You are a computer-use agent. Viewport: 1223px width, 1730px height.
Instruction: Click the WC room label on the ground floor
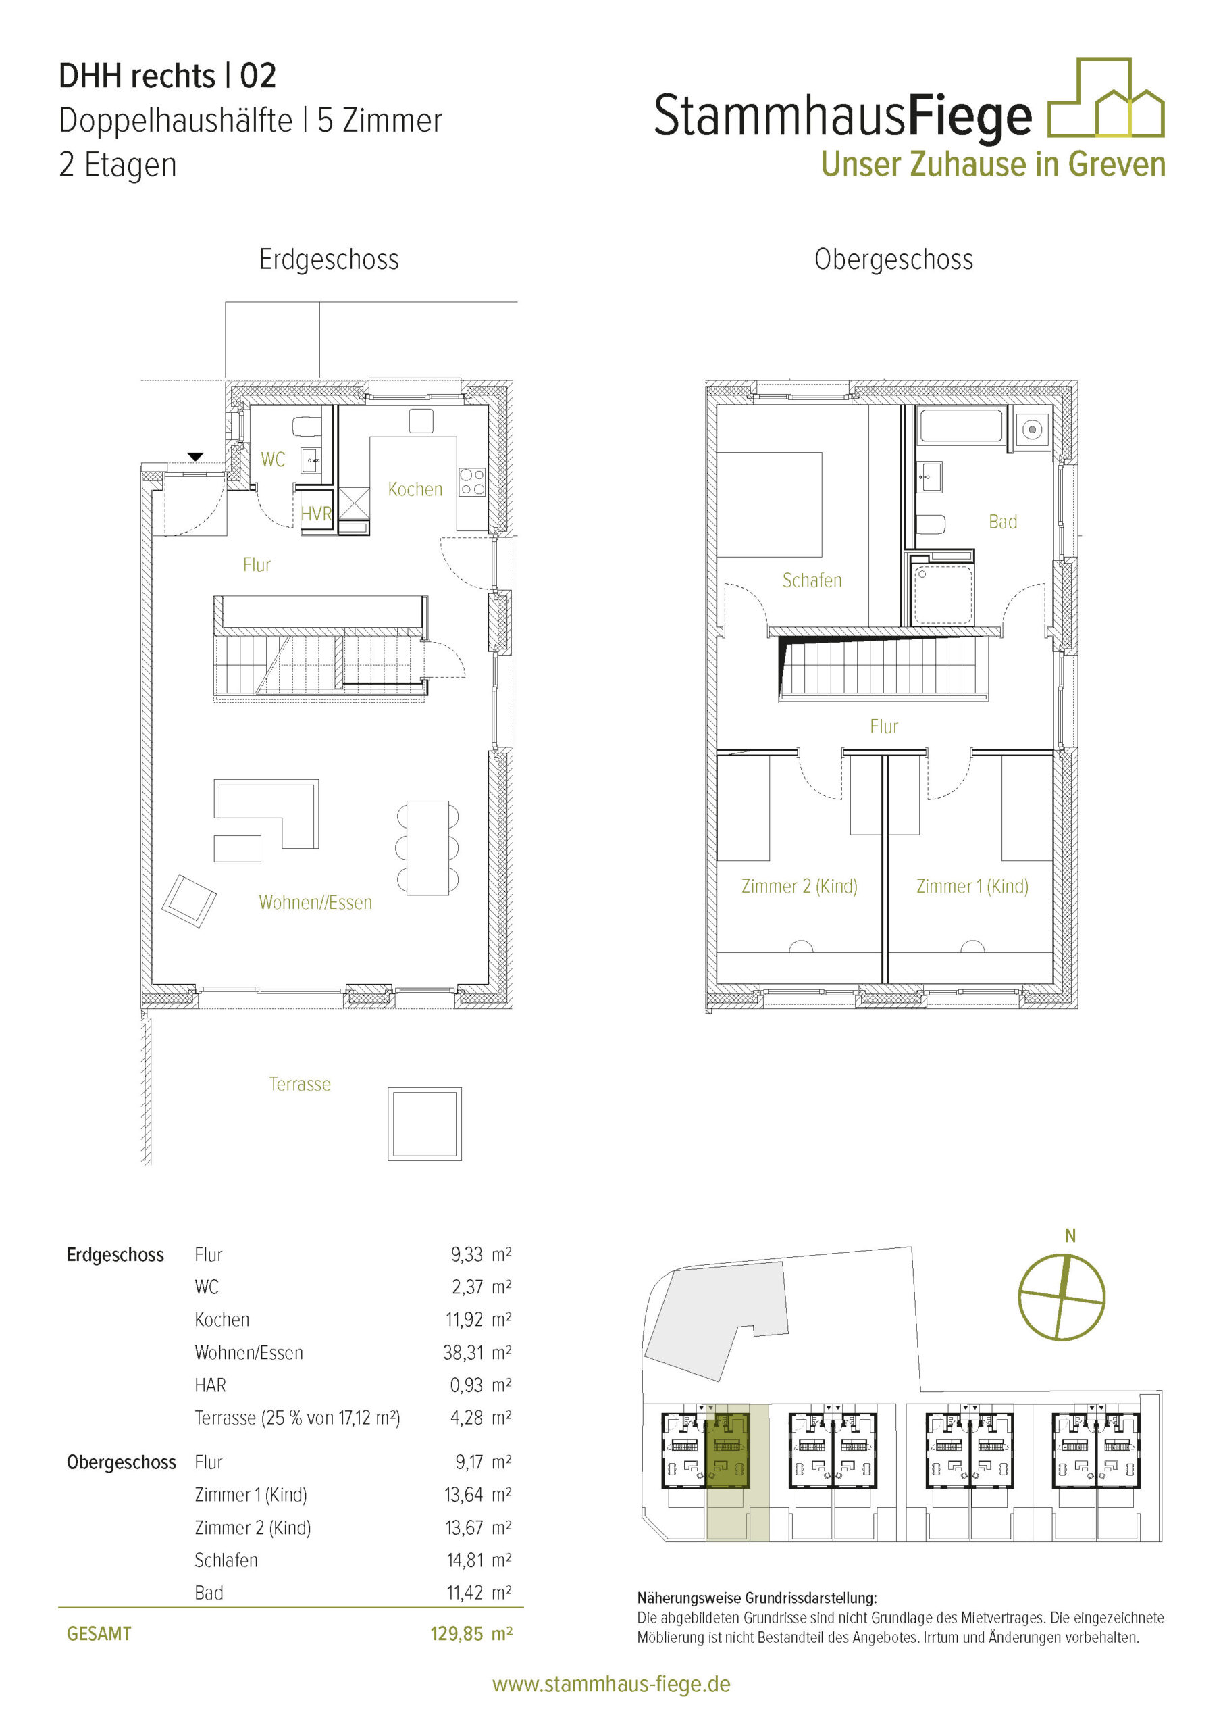click(273, 460)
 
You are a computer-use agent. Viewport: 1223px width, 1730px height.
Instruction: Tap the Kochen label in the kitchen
click(415, 490)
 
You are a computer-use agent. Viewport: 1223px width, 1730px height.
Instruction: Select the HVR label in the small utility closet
click(316, 514)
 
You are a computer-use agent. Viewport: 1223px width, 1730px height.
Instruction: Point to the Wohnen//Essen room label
click(315, 903)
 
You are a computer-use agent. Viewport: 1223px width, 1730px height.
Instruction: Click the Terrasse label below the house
click(300, 1084)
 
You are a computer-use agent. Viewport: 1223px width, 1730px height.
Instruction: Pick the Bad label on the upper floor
click(1002, 522)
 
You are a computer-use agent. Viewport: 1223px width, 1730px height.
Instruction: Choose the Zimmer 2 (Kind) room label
click(799, 886)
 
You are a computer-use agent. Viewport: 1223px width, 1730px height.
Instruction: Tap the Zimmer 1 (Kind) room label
click(972, 886)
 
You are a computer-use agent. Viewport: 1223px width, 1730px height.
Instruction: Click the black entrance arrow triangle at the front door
click(195, 457)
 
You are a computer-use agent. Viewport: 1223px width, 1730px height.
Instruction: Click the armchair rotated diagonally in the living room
click(189, 901)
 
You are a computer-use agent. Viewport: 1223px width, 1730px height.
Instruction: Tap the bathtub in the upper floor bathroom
click(962, 426)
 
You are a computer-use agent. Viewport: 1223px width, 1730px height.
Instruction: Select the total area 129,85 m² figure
click(471, 1633)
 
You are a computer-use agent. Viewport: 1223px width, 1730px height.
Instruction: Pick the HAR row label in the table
click(210, 1385)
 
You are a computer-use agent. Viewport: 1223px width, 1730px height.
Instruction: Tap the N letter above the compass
click(1070, 1236)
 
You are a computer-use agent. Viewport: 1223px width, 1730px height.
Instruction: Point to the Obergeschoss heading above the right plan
click(894, 260)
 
